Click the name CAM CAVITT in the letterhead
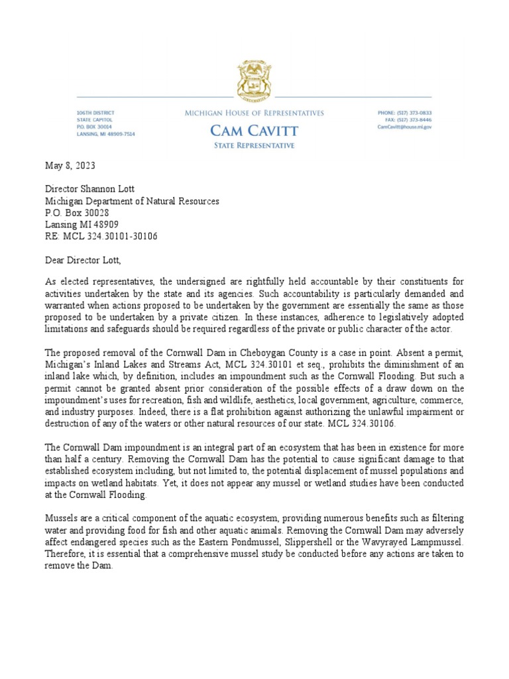pyautogui.click(x=254, y=131)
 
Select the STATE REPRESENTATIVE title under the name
pyautogui.click(x=254, y=146)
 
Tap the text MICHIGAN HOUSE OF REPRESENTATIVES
pyautogui.click(x=254, y=113)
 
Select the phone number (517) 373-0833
pyautogui.click(x=415, y=113)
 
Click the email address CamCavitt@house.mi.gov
pyautogui.click(x=404, y=127)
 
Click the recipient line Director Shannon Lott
pyautogui.click(x=89, y=190)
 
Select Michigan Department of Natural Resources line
pyautogui.click(x=132, y=201)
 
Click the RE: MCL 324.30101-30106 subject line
pyautogui.click(x=101, y=236)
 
